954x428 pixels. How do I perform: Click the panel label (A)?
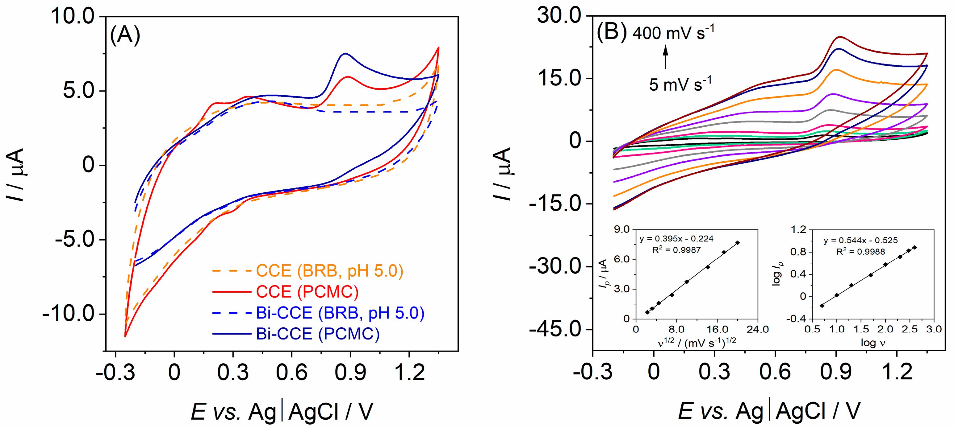125,35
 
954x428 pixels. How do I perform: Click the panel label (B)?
611,32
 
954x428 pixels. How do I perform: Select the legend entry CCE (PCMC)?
307,292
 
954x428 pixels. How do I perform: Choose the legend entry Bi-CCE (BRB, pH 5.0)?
340,313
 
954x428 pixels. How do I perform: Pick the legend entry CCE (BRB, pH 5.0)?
329,271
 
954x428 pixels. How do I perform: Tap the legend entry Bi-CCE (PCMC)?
317,334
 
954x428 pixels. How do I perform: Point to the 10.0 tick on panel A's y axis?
73,17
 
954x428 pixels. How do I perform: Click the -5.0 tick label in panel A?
75,240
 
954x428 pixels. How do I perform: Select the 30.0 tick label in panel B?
559,16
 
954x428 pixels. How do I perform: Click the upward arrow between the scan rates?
666,57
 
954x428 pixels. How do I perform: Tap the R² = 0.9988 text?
861,252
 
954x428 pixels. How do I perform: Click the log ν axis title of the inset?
873,343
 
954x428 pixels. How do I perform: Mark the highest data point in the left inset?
738,243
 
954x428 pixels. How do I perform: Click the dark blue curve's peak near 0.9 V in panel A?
345,54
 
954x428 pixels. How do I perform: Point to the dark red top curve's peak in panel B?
839,37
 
